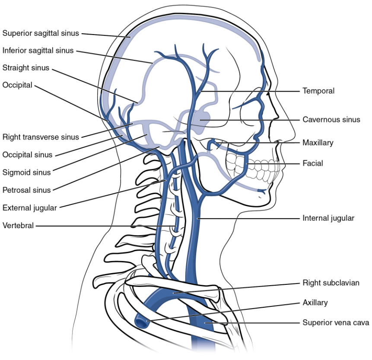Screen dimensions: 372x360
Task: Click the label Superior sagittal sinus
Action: (x=41, y=33)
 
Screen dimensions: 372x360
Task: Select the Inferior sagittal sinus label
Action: (x=38, y=51)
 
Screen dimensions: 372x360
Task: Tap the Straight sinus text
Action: (x=26, y=68)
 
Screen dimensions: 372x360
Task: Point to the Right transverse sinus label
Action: (x=41, y=137)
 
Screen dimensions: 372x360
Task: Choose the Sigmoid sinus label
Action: (x=27, y=172)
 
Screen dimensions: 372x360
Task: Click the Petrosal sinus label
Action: (x=27, y=190)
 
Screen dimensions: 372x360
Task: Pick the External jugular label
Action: (x=30, y=208)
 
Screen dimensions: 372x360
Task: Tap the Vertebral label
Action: (x=18, y=226)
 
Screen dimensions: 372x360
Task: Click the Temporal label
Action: (x=318, y=91)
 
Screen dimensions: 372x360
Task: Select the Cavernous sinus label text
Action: (x=331, y=120)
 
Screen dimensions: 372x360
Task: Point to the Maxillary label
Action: (x=318, y=143)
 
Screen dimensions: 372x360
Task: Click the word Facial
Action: (x=313, y=163)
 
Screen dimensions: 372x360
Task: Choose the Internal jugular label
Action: (x=328, y=218)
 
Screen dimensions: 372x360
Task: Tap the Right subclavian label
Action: (x=331, y=283)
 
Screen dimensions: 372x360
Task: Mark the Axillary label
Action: (x=315, y=303)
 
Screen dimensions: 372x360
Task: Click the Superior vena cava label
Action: (x=336, y=323)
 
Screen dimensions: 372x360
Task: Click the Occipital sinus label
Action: (x=27, y=155)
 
